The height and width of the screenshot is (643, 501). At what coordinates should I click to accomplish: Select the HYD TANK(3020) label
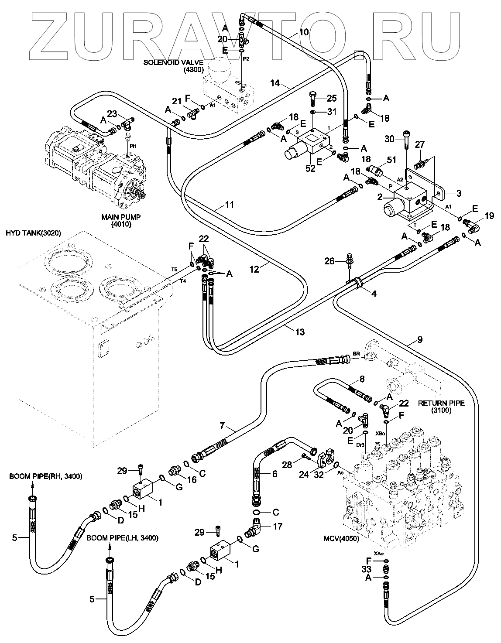(33, 233)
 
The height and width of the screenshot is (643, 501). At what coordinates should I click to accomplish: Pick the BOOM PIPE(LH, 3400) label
(122, 538)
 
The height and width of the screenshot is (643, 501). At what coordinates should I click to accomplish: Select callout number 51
(391, 160)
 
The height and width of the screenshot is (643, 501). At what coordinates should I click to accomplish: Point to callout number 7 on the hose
(222, 425)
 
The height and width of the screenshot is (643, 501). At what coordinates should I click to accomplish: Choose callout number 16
(192, 479)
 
